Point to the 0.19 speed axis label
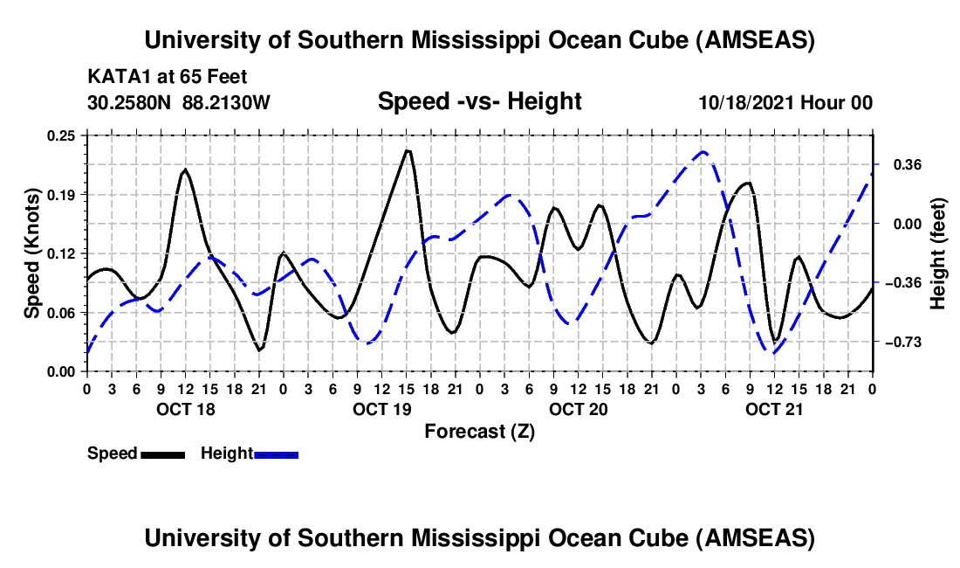click(x=65, y=194)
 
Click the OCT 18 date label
click(x=184, y=409)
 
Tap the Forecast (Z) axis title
click(x=479, y=431)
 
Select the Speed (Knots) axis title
click(x=31, y=253)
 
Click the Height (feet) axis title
click(x=938, y=253)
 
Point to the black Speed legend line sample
click(x=162, y=454)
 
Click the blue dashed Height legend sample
click(x=276, y=454)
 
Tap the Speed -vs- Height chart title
click(x=479, y=101)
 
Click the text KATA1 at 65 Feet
click(x=155, y=76)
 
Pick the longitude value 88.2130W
click(x=227, y=102)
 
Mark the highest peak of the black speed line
click(x=407, y=150)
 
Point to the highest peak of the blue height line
click(x=703, y=151)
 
